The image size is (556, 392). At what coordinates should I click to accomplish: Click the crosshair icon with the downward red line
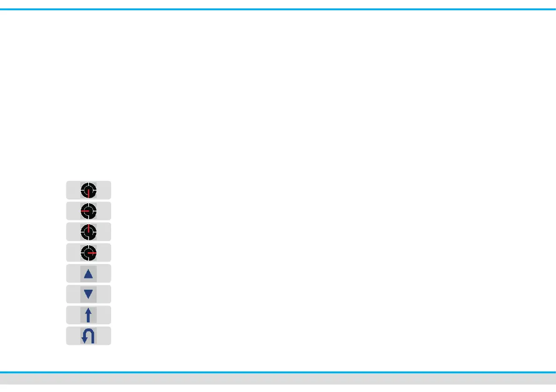[x=88, y=191]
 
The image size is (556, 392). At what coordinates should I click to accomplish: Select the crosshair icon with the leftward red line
[x=88, y=211]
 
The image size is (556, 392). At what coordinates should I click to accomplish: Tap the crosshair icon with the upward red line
[x=88, y=232]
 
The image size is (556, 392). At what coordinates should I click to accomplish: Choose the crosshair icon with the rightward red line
[x=88, y=253]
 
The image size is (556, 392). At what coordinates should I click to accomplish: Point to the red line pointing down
[x=88, y=194]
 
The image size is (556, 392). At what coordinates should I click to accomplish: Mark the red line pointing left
[x=84, y=212]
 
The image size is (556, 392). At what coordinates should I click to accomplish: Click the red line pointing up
[x=88, y=228]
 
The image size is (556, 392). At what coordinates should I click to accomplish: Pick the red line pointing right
[x=92, y=253]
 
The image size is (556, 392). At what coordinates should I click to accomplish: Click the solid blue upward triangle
[x=88, y=274]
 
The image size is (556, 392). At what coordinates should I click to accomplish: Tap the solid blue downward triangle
[x=88, y=295]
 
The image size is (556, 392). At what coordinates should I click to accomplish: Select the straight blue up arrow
[x=88, y=315]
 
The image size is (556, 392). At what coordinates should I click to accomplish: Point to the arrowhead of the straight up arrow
[x=88, y=310]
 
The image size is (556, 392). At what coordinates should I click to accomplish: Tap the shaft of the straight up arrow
[x=88, y=318]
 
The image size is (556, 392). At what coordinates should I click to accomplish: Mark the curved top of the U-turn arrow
[x=89, y=332]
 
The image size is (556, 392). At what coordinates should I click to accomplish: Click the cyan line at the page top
[x=278, y=8]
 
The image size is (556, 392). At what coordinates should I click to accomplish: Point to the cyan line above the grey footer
[x=278, y=372]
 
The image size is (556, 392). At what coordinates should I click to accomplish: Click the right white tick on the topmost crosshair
[x=94, y=191]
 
